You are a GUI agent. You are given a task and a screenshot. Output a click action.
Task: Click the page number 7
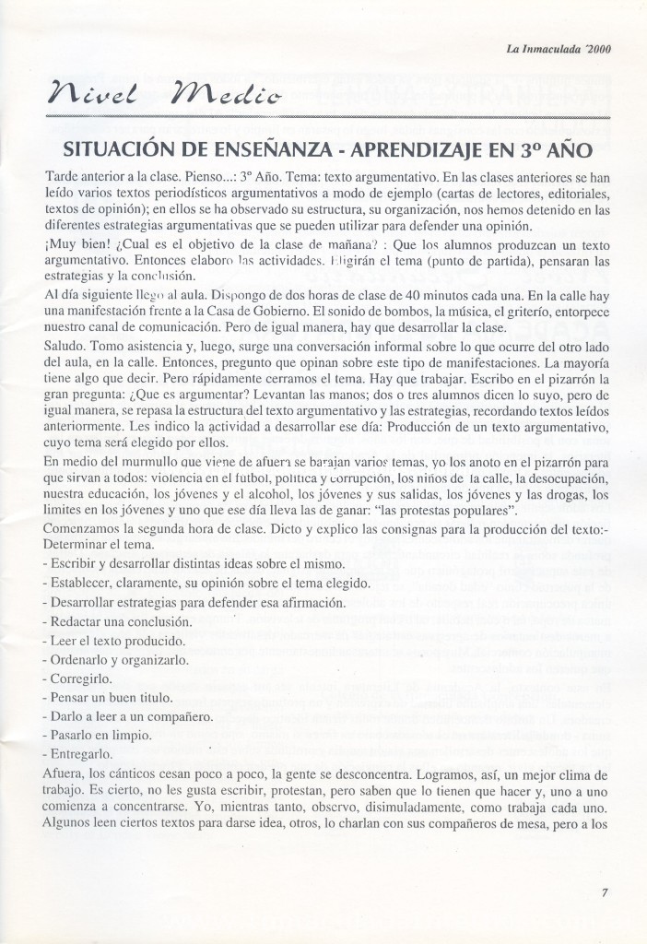605,891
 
